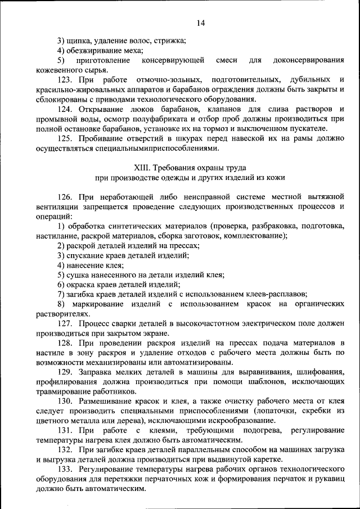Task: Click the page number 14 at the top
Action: [x=201, y=22]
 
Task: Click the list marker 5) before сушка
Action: [x=61, y=274]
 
